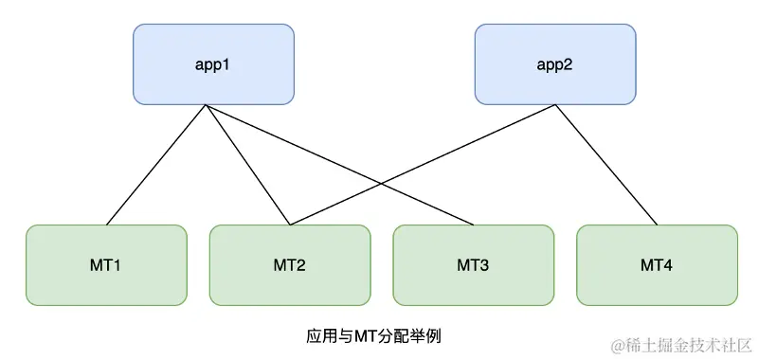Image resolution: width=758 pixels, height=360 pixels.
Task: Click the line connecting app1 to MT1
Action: pyautogui.click(x=156, y=166)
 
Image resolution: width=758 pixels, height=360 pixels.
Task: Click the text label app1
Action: pyautogui.click(x=213, y=65)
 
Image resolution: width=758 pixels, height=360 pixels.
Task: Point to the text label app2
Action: pyautogui.click(x=554, y=65)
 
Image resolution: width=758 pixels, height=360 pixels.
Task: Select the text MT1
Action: pyautogui.click(x=106, y=265)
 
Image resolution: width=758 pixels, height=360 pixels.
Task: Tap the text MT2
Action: pyautogui.click(x=289, y=265)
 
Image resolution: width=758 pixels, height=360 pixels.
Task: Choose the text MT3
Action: pyautogui.click(x=473, y=265)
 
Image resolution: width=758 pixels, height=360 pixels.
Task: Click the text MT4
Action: pyautogui.click(x=657, y=265)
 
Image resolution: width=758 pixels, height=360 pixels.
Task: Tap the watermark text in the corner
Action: pyautogui.click(x=680, y=343)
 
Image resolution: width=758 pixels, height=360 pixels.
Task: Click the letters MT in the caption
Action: pyautogui.click(x=364, y=335)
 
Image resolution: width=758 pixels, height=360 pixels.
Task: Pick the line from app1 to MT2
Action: pyautogui.click(x=248, y=166)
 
